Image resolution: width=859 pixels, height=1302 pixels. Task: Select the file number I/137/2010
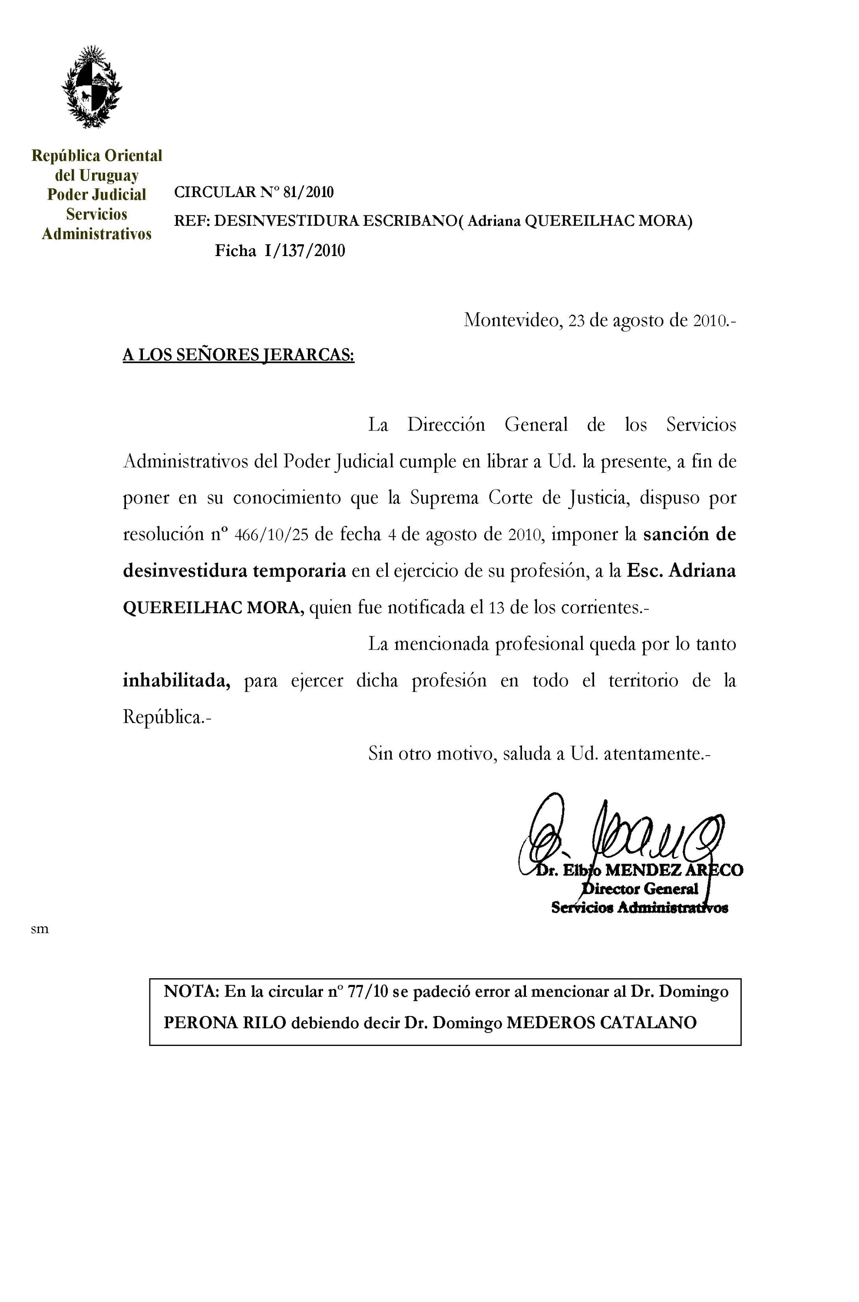pos(304,251)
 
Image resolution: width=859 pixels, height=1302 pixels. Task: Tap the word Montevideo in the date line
pos(512,320)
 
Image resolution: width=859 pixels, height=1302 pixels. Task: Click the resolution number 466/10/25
pos(271,534)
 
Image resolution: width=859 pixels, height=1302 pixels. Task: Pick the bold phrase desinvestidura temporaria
pos(234,571)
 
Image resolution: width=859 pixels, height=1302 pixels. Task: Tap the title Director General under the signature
pos(639,889)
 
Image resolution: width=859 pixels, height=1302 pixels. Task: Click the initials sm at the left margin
pos(40,929)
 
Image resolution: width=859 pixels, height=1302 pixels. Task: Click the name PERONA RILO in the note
pos(225,1023)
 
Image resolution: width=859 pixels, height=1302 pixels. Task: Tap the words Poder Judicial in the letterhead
pos(96,195)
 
